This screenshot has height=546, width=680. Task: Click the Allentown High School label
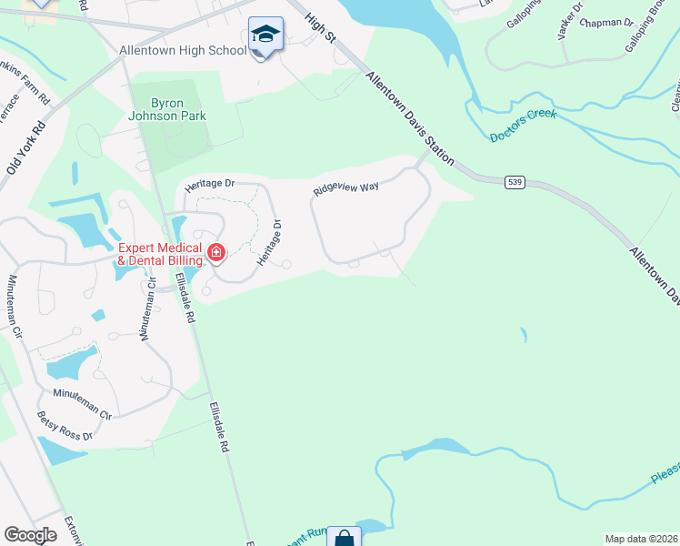point(183,50)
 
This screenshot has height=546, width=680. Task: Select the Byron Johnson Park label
point(167,109)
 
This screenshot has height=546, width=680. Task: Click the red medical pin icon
point(216,252)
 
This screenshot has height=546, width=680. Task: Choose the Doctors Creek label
point(523,130)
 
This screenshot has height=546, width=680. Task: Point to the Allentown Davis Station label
point(409,120)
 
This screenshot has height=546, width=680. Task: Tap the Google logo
point(31,535)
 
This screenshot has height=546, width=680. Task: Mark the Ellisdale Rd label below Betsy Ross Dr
point(217,428)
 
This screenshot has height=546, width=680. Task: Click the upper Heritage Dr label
point(209,184)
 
